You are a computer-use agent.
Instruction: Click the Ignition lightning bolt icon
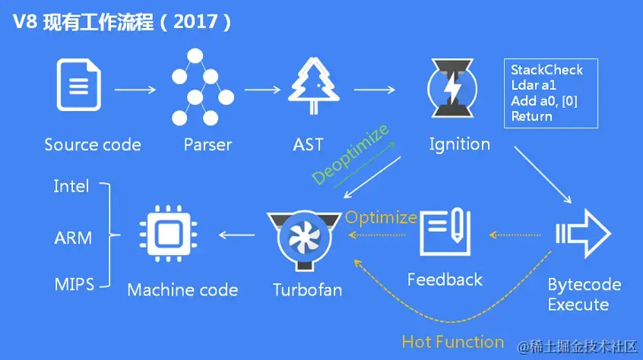(x=452, y=90)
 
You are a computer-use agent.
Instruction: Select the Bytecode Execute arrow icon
(x=584, y=232)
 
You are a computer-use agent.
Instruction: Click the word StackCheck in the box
(x=546, y=70)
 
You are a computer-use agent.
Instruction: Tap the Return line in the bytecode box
(x=531, y=116)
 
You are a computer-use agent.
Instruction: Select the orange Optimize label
(x=381, y=217)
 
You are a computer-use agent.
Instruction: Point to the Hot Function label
(x=453, y=342)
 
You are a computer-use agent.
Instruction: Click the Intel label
(x=71, y=186)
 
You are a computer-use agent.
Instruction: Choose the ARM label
(x=73, y=238)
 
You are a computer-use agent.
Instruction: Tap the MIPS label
(x=74, y=285)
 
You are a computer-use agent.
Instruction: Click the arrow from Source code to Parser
(x=135, y=90)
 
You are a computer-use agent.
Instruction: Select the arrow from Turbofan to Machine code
(x=237, y=236)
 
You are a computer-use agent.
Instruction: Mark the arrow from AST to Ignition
(x=374, y=90)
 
